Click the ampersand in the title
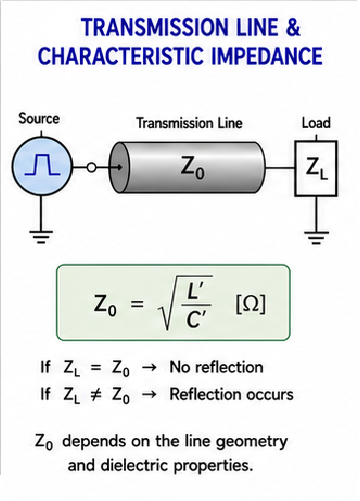coord(293,27)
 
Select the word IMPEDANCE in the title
coord(267,55)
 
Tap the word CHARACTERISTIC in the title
coord(121,55)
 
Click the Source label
coord(39,118)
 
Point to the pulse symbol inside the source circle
coord(42,164)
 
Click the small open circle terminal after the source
coord(91,167)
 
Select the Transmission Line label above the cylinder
coord(189,123)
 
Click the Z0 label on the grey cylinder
coord(192,167)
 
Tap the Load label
coord(316,123)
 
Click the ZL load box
coord(316,168)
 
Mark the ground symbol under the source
coord(41,237)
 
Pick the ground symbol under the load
coord(316,238)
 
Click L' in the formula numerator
coord(195,291)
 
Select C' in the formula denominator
coord(196,320)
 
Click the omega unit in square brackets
coord(251,304)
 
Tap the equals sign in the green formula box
coord(137,304)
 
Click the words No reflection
coord(216,367)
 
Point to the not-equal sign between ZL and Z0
coord(96,395)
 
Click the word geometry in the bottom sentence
coord(252,442)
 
